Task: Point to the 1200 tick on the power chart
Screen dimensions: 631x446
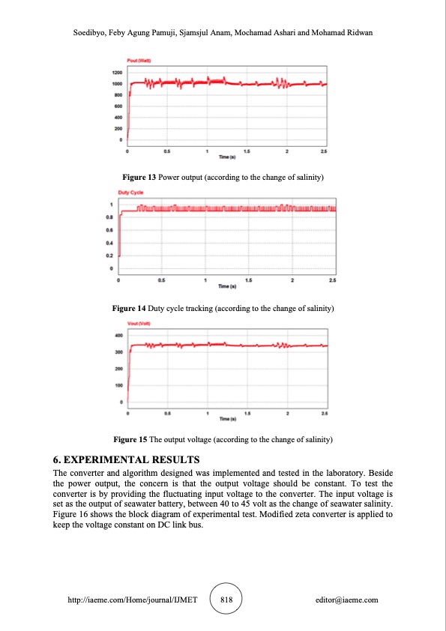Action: pos(117,73)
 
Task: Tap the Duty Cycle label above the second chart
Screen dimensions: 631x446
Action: pos(131,193)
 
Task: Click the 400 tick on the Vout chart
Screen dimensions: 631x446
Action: pos(118,335)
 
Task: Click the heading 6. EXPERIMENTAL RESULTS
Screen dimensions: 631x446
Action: pos(127,459)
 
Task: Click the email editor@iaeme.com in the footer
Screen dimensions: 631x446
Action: pos(347,600)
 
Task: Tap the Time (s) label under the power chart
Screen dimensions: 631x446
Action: pos(227,158)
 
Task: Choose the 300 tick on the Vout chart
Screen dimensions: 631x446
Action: pos(118,352)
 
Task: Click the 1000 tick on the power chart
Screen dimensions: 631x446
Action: pos(117,84)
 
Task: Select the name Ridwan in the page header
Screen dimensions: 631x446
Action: pos(358,34)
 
